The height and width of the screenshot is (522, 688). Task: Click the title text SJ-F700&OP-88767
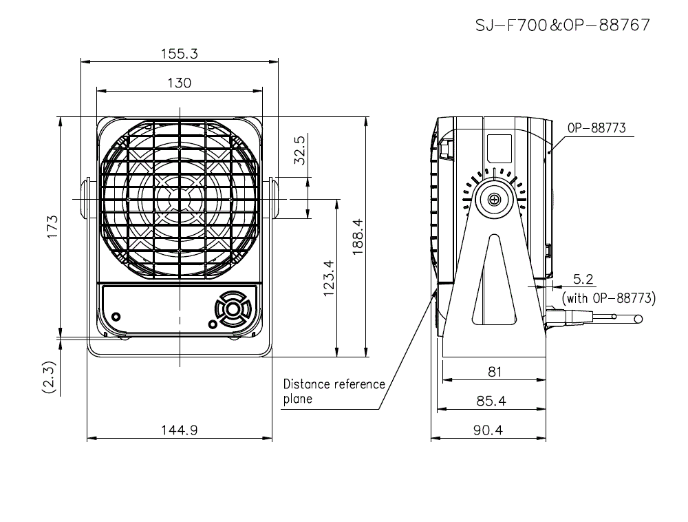[562, 25]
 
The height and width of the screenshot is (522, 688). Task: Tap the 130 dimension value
[179, 83]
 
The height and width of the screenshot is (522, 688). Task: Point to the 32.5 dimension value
[299, 149]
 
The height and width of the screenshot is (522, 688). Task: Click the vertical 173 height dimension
[53, 227]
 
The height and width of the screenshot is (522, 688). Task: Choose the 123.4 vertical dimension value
[327, 279]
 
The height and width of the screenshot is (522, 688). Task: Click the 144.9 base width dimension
[179, 430]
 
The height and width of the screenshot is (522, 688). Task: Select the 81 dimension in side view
[494, 371]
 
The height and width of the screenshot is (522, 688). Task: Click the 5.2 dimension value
[583, 279]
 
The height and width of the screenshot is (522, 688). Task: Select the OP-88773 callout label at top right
[596, 128]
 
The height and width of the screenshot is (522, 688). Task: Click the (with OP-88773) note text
[609, 298]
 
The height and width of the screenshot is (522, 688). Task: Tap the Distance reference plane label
[334, 391]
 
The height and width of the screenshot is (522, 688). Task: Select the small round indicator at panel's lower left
[116, 317]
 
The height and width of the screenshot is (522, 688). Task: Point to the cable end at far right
[638, 319]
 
